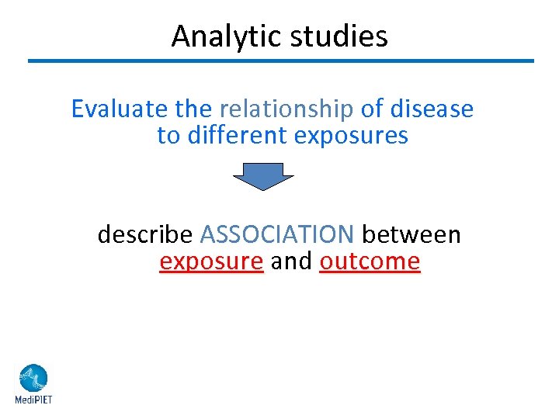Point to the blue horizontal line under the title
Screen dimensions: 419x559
(281, 61)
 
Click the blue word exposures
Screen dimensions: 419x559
(351, 136)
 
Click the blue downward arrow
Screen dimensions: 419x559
(263, 176)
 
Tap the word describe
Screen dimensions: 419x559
(145, 234)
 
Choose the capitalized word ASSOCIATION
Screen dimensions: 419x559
(277, 234)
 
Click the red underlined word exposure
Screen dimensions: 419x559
(211, 261)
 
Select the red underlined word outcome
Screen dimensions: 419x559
(370, 261)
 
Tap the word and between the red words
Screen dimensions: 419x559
(291, 261)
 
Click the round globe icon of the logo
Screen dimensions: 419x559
(33, 379)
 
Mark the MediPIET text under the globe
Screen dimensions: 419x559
(33, 400)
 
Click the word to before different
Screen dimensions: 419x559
(168, 136)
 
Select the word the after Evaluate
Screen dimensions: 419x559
(194, 109)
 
